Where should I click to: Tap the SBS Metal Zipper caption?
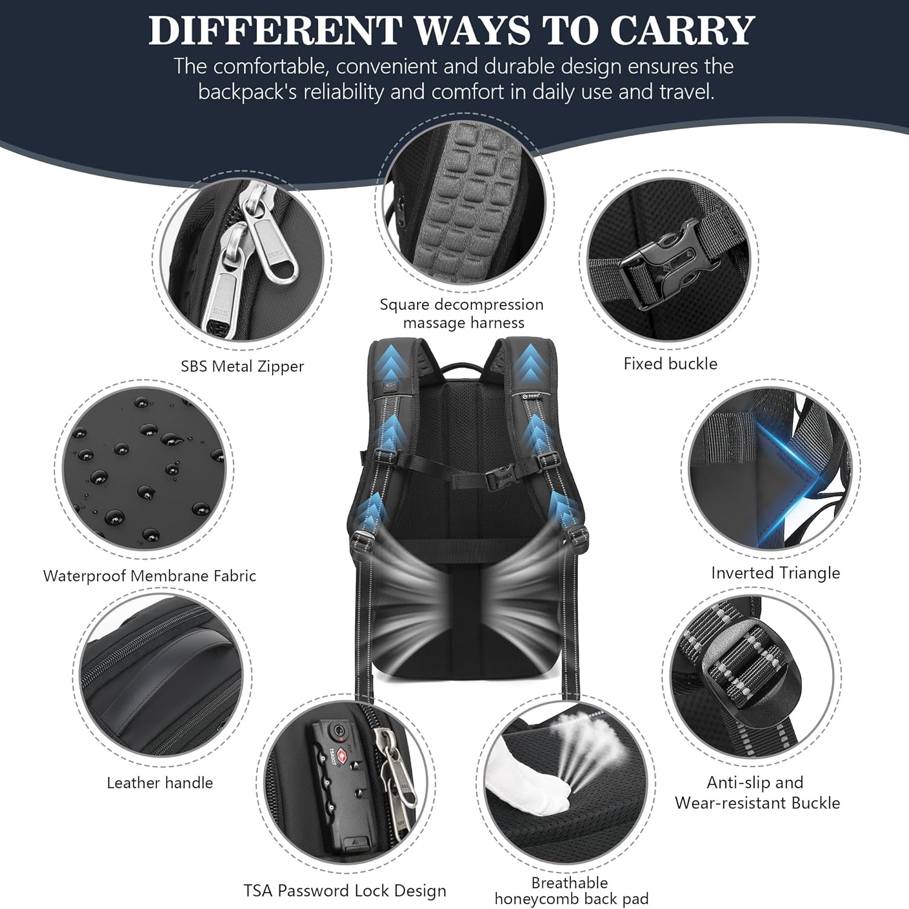click(x=242, y=366)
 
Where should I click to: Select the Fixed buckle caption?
click(x=670, y=364)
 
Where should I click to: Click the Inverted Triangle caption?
click(x=776, y=573)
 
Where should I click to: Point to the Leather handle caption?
click(x=160, y=783)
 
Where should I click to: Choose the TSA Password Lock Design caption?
click(x=345, y=891)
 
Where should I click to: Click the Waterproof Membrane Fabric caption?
click(x=150, y=576)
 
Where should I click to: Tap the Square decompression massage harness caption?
click(x=462, y=314)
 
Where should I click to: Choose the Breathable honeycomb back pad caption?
click(x=571, y=891)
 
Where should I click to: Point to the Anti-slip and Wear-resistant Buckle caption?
click(x=757, y=793)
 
